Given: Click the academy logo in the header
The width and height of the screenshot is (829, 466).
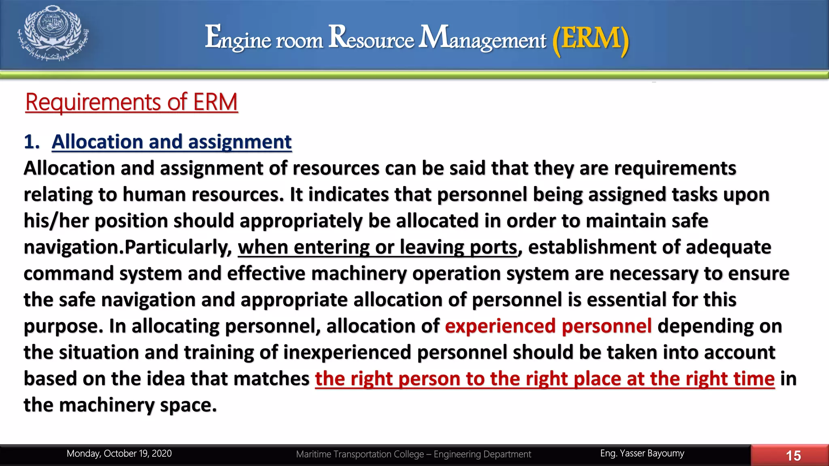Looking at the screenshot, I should pos(53,34).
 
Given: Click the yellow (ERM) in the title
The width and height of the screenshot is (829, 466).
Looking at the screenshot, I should pos(591,39).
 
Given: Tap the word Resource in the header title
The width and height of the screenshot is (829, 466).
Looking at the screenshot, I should pos(371,38).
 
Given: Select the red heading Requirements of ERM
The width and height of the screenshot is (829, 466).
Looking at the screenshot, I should pos(132,102).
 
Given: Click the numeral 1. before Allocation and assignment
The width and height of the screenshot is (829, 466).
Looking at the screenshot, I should pos(32,142).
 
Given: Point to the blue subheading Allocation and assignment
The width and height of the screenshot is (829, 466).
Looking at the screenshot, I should pos(172,142).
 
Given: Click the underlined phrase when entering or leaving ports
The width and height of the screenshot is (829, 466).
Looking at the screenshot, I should pos(378,247).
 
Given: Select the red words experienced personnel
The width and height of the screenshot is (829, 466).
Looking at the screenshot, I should pos(548,326).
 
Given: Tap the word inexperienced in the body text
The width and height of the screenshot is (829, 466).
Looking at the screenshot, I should pos(347,352).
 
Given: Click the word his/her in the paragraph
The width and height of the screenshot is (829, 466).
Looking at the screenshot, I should pos(56,221).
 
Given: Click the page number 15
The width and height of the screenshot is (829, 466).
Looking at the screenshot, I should pos(793,456).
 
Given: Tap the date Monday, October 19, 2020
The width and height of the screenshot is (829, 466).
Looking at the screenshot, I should pos(119,453).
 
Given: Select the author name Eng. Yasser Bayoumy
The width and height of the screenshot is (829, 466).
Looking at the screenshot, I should pos(642,453).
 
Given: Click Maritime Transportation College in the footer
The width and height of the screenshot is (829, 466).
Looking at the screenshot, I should pos(359,454).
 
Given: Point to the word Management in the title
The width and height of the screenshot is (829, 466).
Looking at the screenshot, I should pos(482,38).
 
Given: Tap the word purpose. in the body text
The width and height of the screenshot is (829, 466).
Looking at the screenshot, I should pos(63,326).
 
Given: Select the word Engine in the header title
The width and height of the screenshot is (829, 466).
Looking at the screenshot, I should pos(238,39).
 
